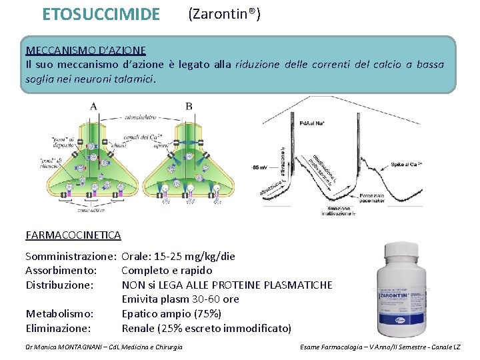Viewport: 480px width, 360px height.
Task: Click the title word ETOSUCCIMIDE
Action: point(101,14)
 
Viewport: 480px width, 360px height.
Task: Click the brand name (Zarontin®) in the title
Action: point(224,13)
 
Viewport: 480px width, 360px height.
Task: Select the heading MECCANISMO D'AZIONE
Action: point(85,51)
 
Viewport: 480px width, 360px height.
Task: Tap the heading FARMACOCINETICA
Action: point(73,235)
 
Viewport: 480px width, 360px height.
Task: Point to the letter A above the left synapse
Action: point(93,106)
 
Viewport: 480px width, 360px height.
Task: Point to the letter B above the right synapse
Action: point(189,106)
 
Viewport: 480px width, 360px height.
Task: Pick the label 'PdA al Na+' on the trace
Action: point(311,122)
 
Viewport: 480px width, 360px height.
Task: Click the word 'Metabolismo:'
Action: point(59,313)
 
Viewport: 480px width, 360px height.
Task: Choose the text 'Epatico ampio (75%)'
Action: point(171,313)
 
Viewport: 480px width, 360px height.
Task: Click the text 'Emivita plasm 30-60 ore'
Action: point(180,299)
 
